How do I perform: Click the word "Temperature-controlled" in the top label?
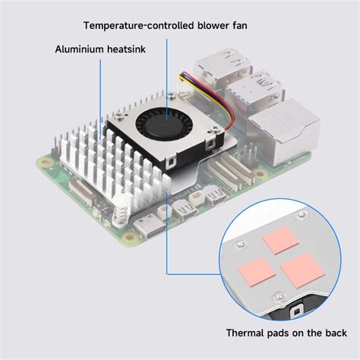click(x=126, y=25)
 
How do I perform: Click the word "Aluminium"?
click(x=80, y=50)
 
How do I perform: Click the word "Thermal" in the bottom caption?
click(x=245, y=332)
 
